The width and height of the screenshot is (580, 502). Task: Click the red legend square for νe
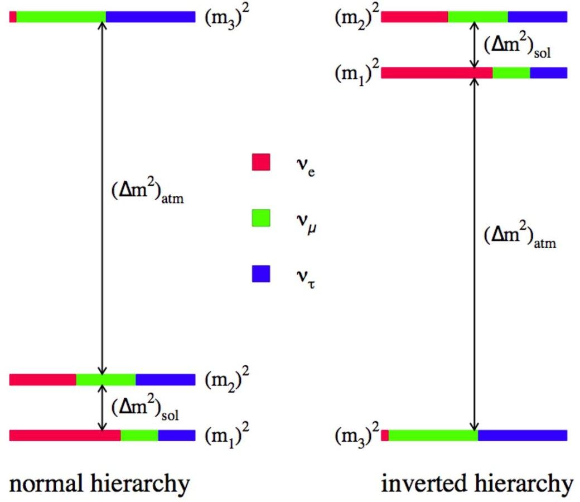click(261, 162)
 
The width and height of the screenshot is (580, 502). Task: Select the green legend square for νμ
click(261, 218)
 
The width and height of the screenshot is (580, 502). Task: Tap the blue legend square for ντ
click(261, 273)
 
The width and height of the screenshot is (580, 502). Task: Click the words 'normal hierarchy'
click(99, 484)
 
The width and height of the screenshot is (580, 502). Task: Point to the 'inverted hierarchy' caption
click(477, 484)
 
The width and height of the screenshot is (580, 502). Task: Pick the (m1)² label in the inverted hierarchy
click(357, 73)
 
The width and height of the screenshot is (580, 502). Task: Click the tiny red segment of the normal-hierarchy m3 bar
click(13, 17)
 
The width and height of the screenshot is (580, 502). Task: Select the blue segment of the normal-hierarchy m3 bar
click(151, 17)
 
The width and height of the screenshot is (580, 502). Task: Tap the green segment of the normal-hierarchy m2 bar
click(105, 379)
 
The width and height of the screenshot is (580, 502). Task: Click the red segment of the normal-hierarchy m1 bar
click(65, 435)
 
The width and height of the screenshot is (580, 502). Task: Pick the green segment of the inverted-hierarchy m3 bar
click(433, 435)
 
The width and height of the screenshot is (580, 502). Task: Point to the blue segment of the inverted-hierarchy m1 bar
click(548, 73)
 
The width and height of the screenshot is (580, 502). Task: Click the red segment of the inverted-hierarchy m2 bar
click(414, 17)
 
